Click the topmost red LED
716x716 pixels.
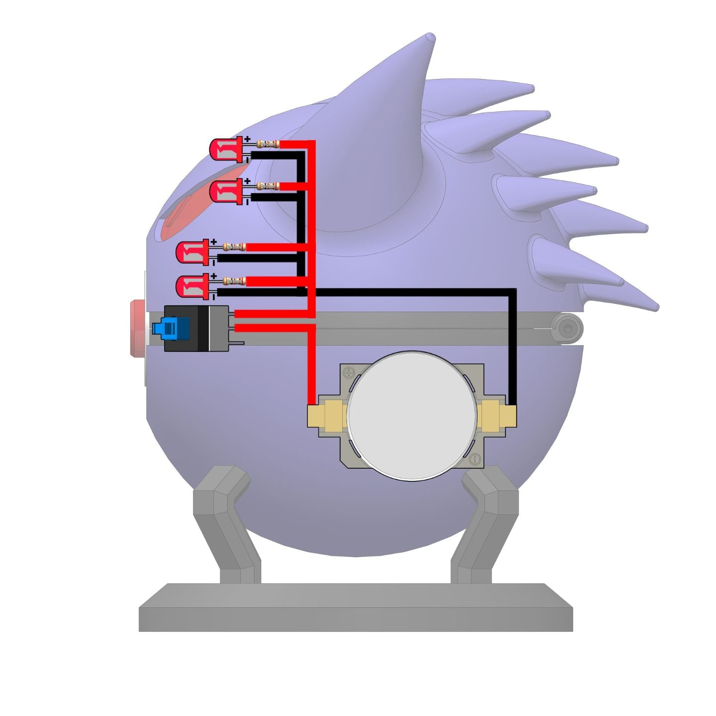225,149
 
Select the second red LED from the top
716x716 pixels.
225,191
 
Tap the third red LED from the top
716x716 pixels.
191,252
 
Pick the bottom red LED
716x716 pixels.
192,286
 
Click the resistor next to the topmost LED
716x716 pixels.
268,144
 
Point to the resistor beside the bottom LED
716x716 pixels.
234,281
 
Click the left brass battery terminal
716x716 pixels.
328,414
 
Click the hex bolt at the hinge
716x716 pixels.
567,329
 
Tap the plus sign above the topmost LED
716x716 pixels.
247,139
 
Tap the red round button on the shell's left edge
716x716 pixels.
136,329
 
